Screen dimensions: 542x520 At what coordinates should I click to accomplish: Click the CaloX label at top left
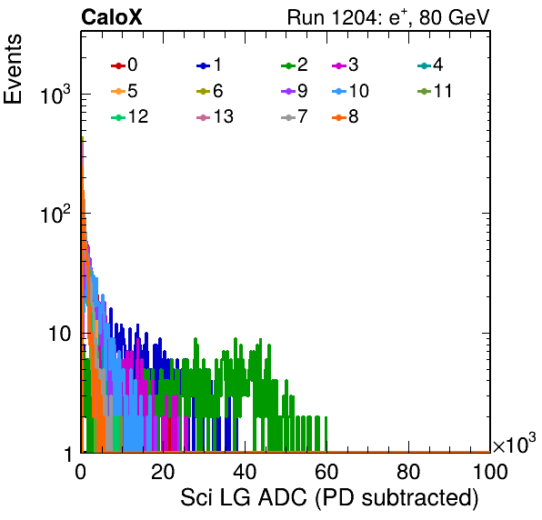click(x=112, y=17)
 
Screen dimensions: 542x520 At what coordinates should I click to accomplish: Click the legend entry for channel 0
click(x=124, y=65)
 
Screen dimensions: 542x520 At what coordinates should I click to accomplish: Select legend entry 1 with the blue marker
click(x=209, y=65)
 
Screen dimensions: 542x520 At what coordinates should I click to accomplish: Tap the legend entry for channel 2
click(x=295, y=65)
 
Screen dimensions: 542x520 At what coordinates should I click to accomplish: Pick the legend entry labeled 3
click(x=345, y=65)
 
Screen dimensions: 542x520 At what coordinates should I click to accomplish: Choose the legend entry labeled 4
click(x=430, y=65)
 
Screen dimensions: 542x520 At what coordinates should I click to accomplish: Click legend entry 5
click(x=124, y=91)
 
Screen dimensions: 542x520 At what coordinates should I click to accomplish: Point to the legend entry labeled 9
click(x=295, y=91)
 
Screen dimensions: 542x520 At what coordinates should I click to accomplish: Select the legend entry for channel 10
click(x=350, y=91)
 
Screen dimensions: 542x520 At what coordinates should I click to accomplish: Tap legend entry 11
click(x=435, y=91)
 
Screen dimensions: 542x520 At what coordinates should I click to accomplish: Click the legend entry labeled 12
click(x=130, y=116)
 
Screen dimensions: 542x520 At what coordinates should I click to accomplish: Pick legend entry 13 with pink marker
click(x=215, y=116)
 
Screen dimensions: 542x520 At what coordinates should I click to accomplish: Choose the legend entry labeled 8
click(x=345, y=116)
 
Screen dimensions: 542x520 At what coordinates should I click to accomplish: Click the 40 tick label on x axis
click(x=245, y=472)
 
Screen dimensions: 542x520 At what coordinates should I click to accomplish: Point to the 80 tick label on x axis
click(x=408, y=472)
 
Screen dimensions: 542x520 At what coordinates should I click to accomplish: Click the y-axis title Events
click(x=13, y=69)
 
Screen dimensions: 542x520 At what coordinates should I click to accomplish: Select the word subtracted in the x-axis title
click(x=417, y=498)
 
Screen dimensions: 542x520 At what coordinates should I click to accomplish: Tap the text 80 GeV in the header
click(x=455, y=17)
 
